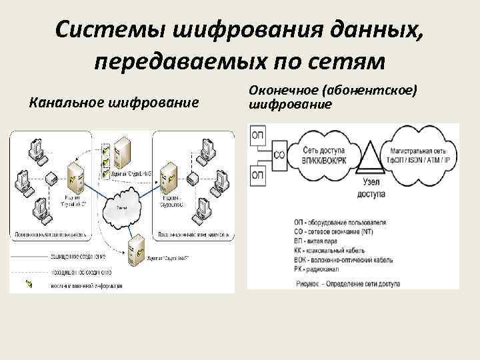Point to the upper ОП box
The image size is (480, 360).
tap(258, 136)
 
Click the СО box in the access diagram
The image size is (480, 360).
tap(279, 155)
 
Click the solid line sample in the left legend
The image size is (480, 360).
tap(30, 256)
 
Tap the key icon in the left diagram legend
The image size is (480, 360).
tap(29, 285)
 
